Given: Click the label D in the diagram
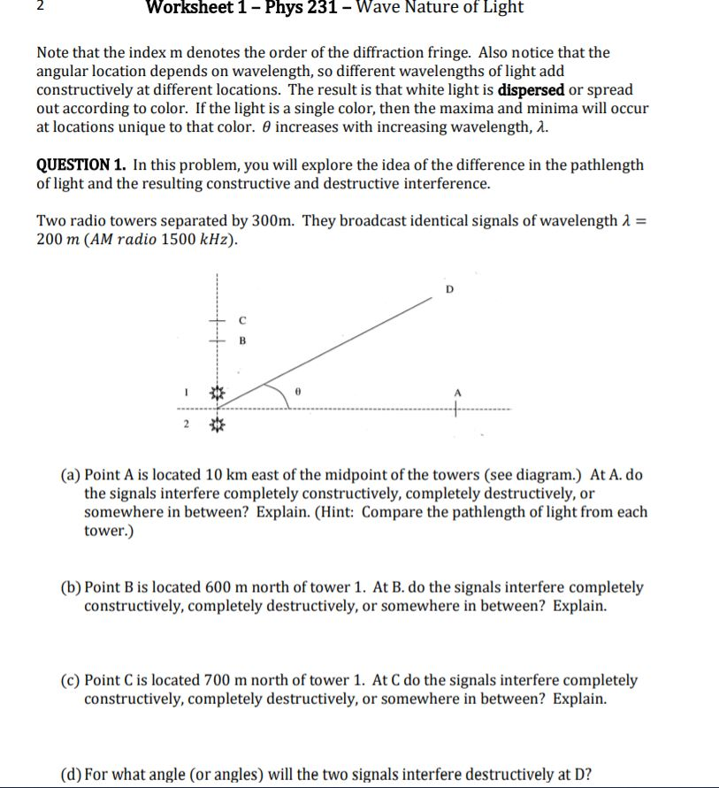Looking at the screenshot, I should point(448,288).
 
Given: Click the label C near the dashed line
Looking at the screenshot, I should point(241,321).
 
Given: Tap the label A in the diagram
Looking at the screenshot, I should point(457,394).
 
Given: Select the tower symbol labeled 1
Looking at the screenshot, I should point(218,391).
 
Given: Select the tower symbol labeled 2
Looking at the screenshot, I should point(218,426).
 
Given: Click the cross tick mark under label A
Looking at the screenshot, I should point(457,409).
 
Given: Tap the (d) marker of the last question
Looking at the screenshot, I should point(71,776).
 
